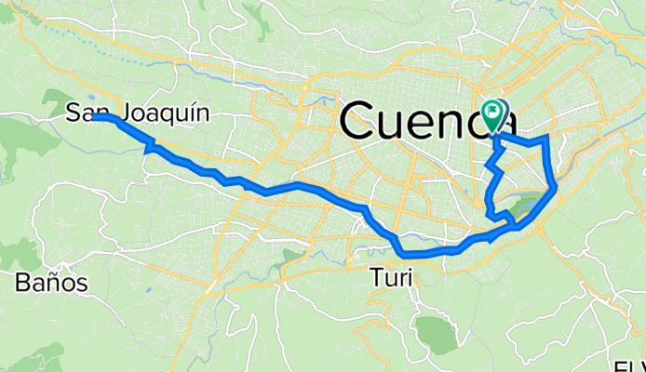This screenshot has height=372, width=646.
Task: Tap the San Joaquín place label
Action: (x=137, y=114)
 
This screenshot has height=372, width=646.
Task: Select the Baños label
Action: (x=51, y=283)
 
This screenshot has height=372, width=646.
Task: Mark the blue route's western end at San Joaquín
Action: (x=96, y=117)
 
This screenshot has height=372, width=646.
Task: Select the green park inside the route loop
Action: (x=523, y=205)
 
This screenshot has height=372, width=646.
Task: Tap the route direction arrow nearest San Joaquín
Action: (x=149, y=147)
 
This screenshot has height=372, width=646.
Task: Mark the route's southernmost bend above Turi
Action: (x=404, y=254)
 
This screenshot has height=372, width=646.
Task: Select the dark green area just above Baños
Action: (x=20, y=252)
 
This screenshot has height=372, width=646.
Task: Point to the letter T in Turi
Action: (x=375, y=276)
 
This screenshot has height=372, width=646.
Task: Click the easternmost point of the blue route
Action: (x=556, y=187)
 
